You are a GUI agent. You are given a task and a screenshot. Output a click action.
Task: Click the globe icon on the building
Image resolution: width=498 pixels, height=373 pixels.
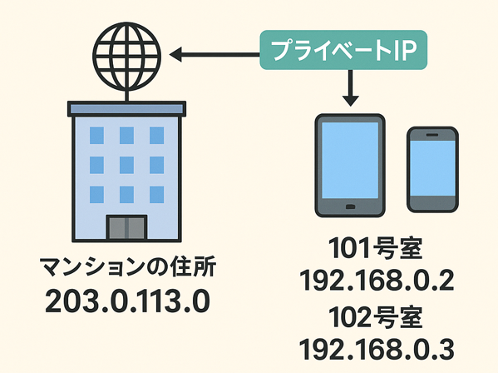click(x=127, y=57)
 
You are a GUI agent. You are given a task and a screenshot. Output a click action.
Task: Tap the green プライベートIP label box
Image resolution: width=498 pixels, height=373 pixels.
click(x=343, y=50)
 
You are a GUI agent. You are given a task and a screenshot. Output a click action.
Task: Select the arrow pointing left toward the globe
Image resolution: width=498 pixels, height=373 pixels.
click(x=214, y=55)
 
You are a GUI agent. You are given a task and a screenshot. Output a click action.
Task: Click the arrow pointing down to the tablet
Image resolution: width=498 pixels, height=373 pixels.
click(x=350, y=88)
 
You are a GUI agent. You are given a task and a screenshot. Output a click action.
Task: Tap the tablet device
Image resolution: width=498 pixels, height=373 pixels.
click(x=350, y=166)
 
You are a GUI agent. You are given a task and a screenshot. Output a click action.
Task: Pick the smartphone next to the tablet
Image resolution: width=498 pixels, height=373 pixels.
click(x=432, y=170)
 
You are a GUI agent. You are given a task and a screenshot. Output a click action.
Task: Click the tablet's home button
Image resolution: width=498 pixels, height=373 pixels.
click(x=350, y=207)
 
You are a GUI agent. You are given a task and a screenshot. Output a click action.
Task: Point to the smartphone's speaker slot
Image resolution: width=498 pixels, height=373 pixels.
click(x=432, y=135)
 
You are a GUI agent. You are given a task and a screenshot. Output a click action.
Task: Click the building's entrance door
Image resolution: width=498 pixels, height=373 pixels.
click(x=126, y=227)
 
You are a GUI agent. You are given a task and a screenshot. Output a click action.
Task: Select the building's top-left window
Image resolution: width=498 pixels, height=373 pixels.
click(x=96, y=135)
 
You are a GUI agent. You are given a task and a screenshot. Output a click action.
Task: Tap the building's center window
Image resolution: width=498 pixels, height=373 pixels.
click(x=126, y=165)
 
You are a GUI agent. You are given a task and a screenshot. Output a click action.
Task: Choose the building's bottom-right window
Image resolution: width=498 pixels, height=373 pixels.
click(x=157, y=195)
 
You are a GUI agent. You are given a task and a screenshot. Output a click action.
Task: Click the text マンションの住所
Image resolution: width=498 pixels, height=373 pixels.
click(x=128, y=266)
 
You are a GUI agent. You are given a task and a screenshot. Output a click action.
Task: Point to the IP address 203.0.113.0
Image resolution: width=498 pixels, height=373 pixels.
click(x=127, y=301)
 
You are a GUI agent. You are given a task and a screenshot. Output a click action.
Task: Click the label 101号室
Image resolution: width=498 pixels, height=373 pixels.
click(x=376, y=249)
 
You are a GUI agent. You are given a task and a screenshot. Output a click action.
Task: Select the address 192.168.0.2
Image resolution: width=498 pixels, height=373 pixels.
click(x=377, y=280)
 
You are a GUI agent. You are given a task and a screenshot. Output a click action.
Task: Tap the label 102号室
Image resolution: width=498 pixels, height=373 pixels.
click(x=376, y=317)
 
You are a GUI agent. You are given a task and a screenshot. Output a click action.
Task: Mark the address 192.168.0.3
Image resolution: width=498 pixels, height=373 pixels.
click(x=377, y=349)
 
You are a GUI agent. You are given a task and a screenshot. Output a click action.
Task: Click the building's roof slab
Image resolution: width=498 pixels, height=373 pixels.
click(x=126, y=108)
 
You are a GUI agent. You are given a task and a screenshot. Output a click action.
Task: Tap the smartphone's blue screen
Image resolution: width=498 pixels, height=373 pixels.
click(x=432, y=168)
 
